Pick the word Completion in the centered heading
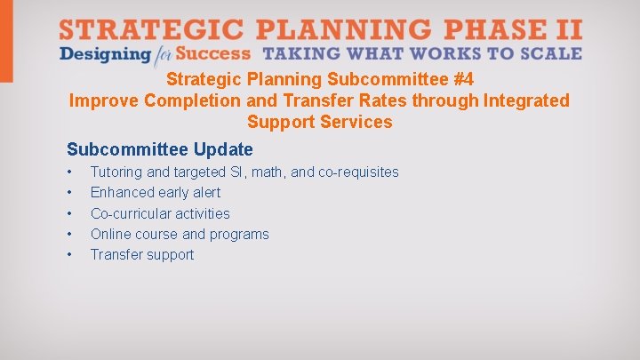pyautogui.click(x=213, y=100)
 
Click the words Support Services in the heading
pyautogui.click(x=319, y=122)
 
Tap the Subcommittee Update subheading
pyautogui.click(x=160, y=149)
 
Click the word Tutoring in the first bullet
pyautogui.click(x=116, y=172)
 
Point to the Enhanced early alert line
pyautogui.click(x=156, y=192)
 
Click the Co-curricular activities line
pyautogui.click(x=160, y=213)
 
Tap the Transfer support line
pyautogui.click(x=142, y=254)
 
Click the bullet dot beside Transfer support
pyautogui.click(x=69, y=255)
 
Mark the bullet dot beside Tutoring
pyautogui.click(x=69, y=172)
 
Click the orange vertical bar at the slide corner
pyautogui.click(x=6, y=40)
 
